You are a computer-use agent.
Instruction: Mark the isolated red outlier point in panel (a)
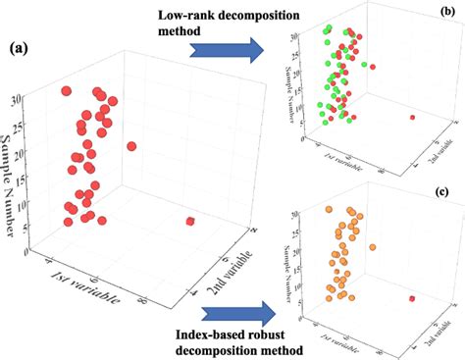[x=189, y=222]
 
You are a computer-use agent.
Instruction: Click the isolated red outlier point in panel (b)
[x=412, y=118]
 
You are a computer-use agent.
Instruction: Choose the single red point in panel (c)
[x=412, y=298]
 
